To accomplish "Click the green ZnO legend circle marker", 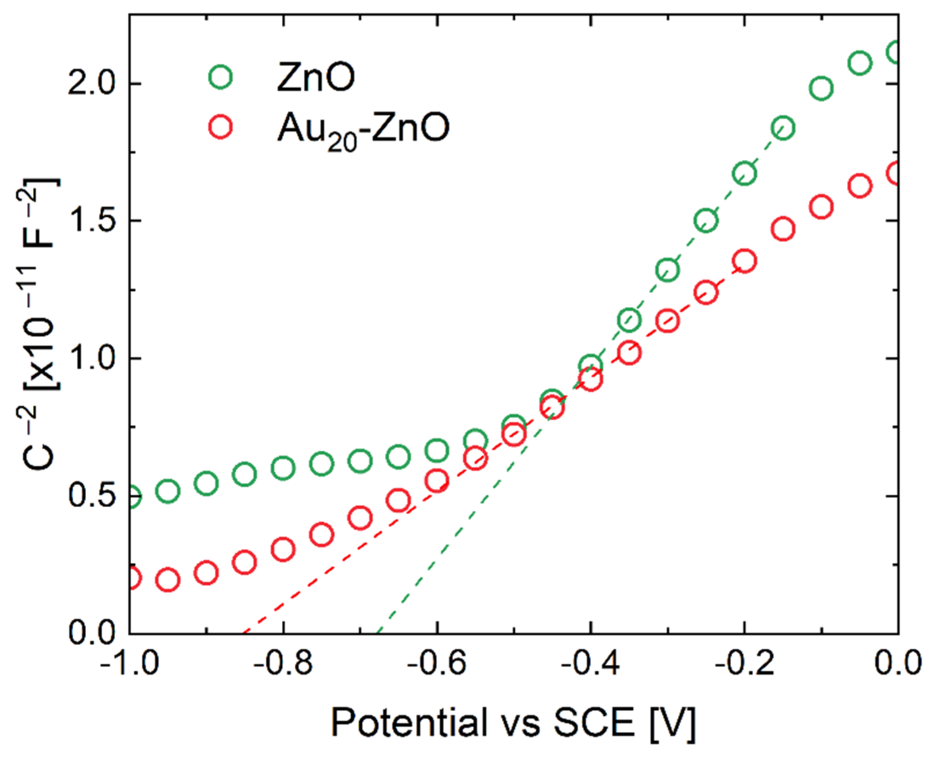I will click(220, 77).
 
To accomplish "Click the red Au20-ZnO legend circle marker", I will click(220, 127).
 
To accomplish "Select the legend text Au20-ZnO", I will click(363, 129).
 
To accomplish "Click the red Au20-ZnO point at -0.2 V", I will click(745, 261).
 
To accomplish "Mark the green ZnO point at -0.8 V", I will click(283, 468).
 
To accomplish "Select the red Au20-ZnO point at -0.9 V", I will click(206, 573).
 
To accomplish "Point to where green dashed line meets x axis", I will click(378, 633).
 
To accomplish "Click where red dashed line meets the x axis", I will click(244, 633).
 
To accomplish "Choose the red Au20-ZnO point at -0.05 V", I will click(860, 186).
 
